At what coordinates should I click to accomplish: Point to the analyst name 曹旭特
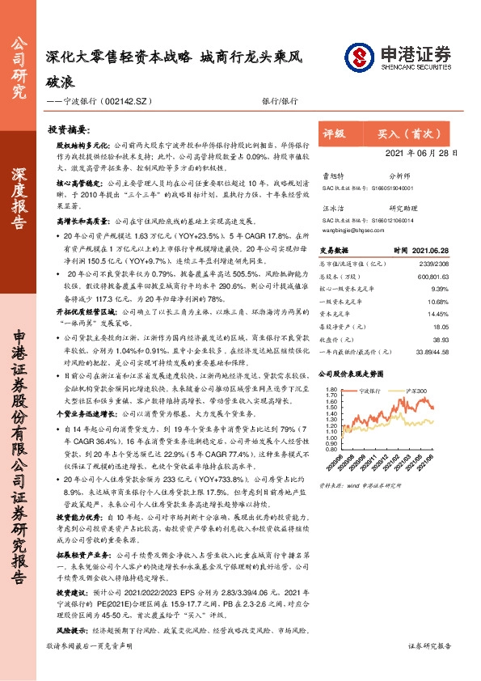(x=334, y=175)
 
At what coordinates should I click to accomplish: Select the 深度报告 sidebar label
(x=18, y=207)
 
